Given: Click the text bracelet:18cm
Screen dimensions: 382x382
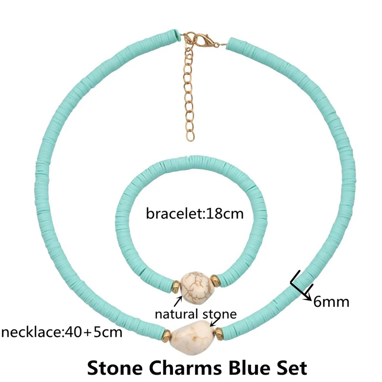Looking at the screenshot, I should point(194,213).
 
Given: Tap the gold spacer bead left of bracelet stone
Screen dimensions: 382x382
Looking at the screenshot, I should point(175,287).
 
